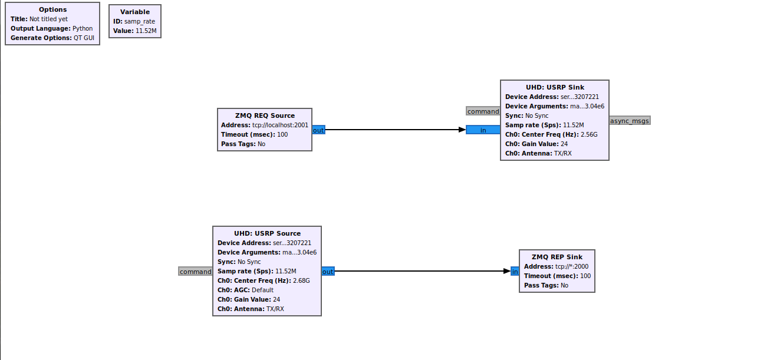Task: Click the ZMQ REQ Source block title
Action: [x=265, y=115]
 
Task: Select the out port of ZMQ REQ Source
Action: [x=318, y=130]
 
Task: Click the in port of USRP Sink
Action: [x=483, y=130]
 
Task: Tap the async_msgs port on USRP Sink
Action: [x=630, y=121]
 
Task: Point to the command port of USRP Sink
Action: [x=483, y=111]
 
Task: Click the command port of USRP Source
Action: [x=195, y=272]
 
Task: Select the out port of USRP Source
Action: [x=328, y=272]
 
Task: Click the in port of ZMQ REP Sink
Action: [x=515, y=272]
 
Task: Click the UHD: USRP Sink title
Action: [x=555, y=87]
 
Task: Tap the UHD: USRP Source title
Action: [x=267, y=233]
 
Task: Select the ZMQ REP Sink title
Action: [x=557, y=257]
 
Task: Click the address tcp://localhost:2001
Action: [x=280, y=125]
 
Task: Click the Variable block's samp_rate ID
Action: [x=140, y=21]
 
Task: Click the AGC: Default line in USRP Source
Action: [x=246, y=290]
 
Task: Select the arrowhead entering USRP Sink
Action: [x=462, y=130]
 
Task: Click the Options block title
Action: [x=52, y=9]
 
